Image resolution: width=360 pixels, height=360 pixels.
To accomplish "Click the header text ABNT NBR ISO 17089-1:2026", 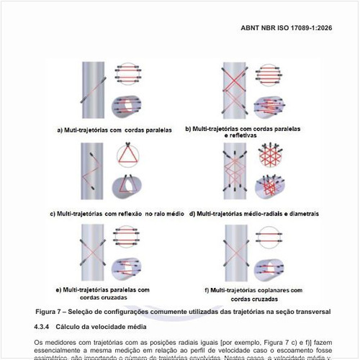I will coord(295,31).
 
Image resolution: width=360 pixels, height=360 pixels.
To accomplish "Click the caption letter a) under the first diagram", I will coord(61,130).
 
